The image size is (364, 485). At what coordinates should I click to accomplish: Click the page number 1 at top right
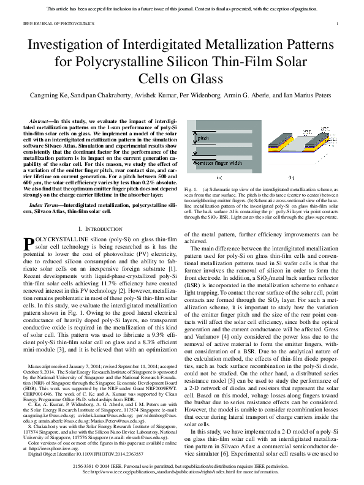[338, 24]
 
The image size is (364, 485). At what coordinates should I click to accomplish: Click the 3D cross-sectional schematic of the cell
[305, 150]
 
